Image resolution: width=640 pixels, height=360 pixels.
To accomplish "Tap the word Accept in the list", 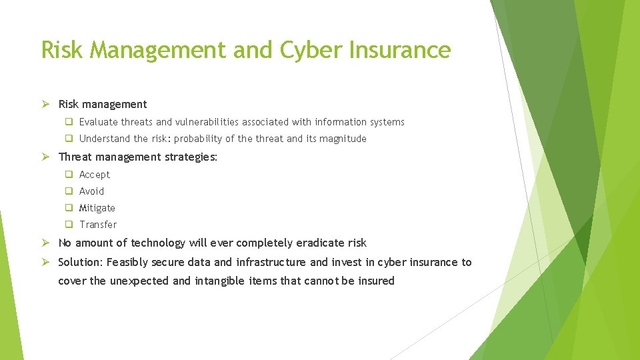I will tap(95, 175).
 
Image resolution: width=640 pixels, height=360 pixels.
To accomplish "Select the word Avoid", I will tap(92, 191).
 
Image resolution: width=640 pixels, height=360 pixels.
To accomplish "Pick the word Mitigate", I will tap(97, 208).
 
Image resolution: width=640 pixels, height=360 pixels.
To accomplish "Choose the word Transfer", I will tap(98, 225).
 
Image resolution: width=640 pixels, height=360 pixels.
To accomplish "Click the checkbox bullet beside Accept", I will tap(69, 175).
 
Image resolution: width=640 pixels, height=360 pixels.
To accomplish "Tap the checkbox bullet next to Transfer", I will tap(69, 225).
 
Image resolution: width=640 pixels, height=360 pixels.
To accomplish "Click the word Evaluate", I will tap(99, 122).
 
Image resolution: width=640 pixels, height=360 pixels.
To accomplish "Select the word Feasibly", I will tap(127, 263).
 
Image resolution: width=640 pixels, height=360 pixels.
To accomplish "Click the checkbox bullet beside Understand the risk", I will tap(69, 139).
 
